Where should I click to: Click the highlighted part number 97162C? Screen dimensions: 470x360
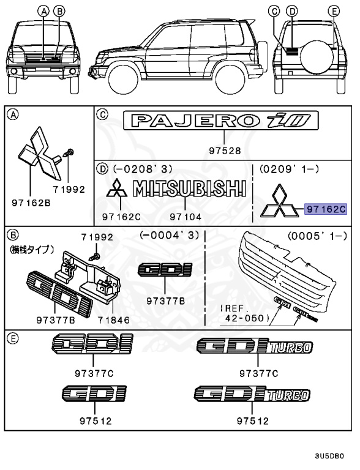[x=326, y=209]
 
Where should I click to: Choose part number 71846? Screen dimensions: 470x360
[x=114, y=318]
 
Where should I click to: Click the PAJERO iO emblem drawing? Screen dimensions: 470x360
[x=225, y=121]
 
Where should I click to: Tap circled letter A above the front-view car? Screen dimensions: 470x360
[x=43, y=11]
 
